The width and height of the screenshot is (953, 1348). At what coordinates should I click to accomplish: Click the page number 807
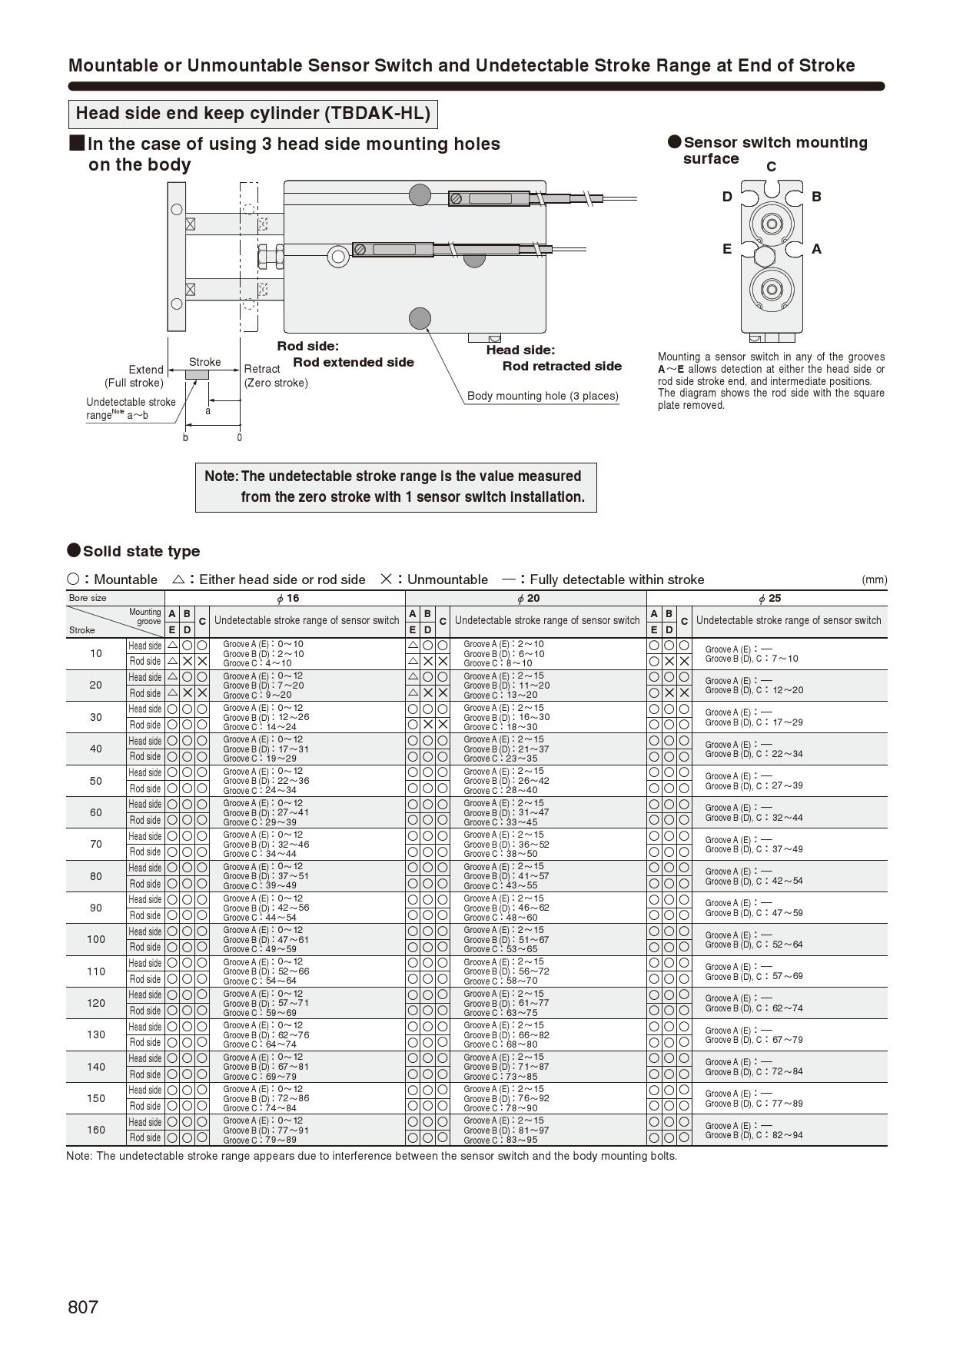(x=83, y=1306)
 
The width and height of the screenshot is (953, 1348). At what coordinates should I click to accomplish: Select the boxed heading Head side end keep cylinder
(x=253, y=114)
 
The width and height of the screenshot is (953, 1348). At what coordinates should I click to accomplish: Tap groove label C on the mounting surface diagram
(x=771, y=167)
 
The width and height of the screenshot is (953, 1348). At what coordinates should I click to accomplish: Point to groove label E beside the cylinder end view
(x=726, y=248)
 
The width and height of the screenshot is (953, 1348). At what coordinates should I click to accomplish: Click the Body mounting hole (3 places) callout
(x=543, y=396)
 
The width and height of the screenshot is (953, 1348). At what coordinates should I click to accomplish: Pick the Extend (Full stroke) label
(x=135, y=376)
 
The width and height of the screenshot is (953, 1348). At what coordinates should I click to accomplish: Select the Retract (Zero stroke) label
(x=275, y=376)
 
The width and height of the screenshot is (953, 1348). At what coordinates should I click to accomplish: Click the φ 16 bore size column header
(x=287, y=598)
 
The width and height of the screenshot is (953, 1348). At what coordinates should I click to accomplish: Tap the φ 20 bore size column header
(x=528, y=598)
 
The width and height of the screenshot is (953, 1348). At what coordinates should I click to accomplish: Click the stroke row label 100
(x=96, y=939)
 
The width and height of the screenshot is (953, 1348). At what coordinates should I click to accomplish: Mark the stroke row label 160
(x=96, y=1130)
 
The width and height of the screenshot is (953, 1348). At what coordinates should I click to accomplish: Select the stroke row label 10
(x=96, y=653)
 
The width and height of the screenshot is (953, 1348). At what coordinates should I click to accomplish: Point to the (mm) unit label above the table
(x=874, y=579)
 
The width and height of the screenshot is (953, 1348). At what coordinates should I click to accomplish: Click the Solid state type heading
(x=141, y=551)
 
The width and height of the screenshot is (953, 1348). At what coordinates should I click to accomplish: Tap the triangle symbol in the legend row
(x=178, y=579)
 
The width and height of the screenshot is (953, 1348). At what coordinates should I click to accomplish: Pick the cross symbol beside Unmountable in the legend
(x=387, y=579)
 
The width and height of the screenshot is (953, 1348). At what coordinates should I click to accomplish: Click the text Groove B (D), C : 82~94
(x=754, y=1135)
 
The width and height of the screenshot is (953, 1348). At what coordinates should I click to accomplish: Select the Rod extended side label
(x=354, y=362)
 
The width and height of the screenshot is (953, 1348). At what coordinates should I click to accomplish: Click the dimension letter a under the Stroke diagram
(x=208, y=410)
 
